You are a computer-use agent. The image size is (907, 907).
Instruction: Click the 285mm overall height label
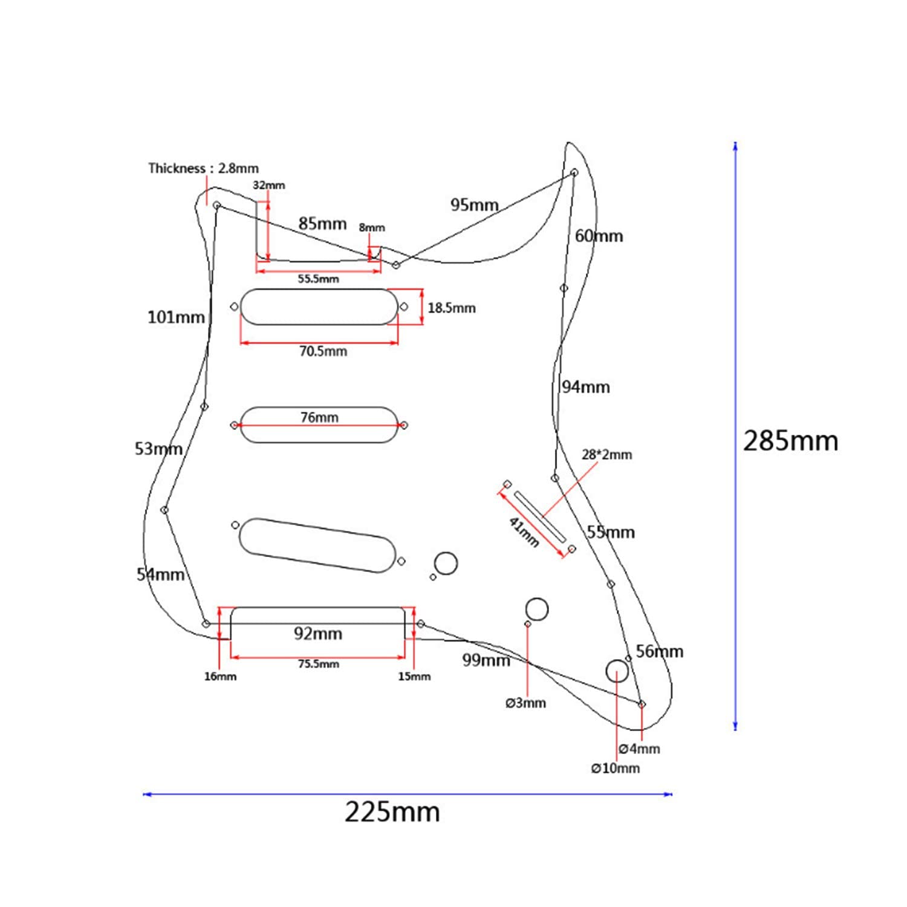[790, 441]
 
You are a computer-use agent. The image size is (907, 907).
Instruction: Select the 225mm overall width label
[392, 811]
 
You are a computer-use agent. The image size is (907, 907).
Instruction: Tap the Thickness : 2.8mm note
[203, 168]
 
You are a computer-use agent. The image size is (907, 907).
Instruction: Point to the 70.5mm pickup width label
[323, 351]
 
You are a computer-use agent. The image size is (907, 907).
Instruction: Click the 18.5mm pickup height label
[451, 308]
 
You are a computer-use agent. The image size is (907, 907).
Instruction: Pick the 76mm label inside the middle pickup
[319, 417]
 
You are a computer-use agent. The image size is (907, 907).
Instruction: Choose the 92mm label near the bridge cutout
[318, 633]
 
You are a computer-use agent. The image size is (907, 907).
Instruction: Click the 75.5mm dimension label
[318, 664]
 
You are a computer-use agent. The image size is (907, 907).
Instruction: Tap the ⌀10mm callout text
[615, 768]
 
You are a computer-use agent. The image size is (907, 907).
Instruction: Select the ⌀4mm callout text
[639, 749]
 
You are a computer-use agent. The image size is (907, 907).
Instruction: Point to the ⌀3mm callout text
[525, 703]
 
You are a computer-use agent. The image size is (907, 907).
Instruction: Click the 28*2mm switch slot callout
[606, 455]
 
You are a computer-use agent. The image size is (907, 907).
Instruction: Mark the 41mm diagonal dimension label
[524, 532]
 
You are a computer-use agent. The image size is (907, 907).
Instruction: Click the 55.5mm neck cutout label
[318, 279]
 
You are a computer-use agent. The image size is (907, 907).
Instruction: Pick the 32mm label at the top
[268, 185]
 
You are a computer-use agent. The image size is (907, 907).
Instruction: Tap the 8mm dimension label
[371, 227]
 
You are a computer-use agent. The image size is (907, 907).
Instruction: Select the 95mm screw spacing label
[474, 205]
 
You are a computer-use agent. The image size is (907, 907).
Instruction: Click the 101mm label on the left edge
[176, 317]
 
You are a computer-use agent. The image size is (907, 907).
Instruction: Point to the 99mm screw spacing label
[486, 660]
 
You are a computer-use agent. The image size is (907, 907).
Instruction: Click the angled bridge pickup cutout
[317, 545]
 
